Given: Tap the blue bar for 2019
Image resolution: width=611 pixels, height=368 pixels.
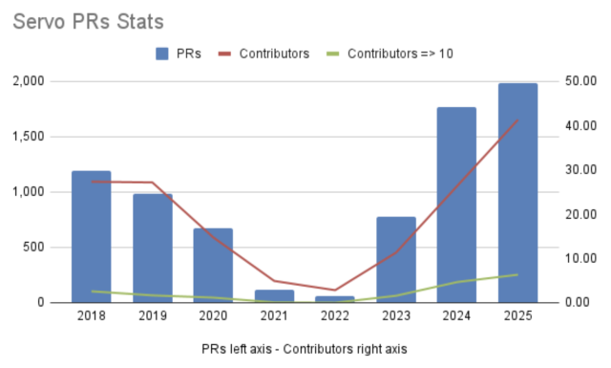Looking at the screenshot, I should tap(152, 248).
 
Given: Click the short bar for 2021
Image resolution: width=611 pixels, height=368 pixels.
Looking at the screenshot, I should tap(274, 295).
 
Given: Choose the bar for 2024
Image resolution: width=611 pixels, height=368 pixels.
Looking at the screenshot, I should tap(456, 205).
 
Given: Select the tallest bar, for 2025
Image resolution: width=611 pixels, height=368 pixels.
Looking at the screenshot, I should tap(517, 192).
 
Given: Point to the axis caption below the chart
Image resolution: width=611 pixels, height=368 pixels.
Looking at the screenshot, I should tap(305, 349).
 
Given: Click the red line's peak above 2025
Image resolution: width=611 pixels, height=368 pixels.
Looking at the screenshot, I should tap(517, 120).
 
